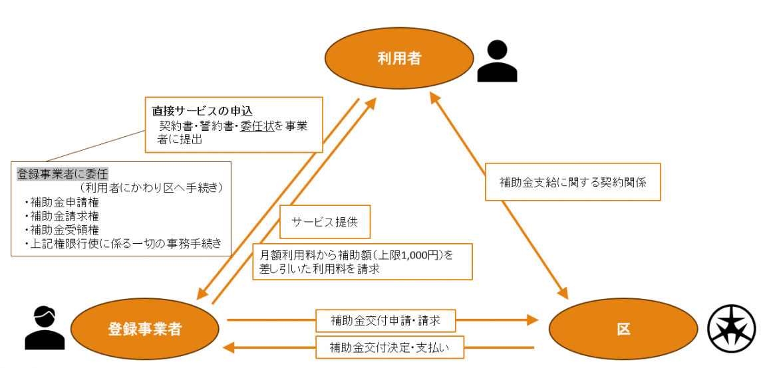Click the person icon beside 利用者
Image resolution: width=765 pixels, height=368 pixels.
tap(497, 61)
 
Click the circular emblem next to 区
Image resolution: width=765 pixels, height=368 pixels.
tap(731, 329)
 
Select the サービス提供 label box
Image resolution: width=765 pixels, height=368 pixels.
tap(324, 223)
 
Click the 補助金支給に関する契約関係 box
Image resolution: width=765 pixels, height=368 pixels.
tap(571, 181)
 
